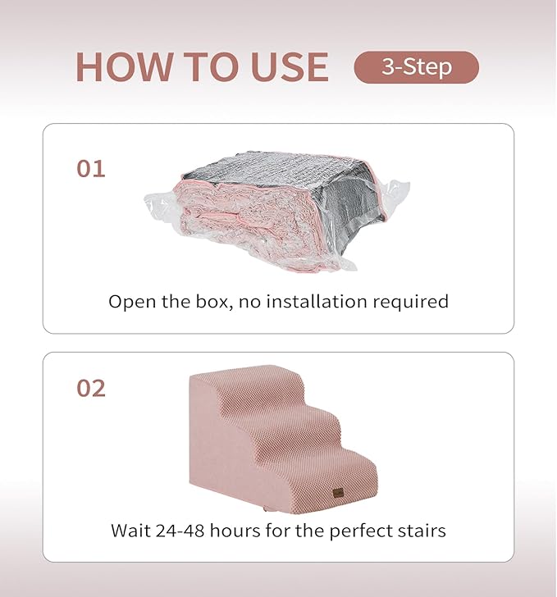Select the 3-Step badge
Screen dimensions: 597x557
416,67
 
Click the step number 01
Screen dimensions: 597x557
91,169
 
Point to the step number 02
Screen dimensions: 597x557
91,388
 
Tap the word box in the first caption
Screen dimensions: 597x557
221,302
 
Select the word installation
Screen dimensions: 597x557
322,302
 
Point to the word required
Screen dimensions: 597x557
413,302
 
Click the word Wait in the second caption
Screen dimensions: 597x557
130,531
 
